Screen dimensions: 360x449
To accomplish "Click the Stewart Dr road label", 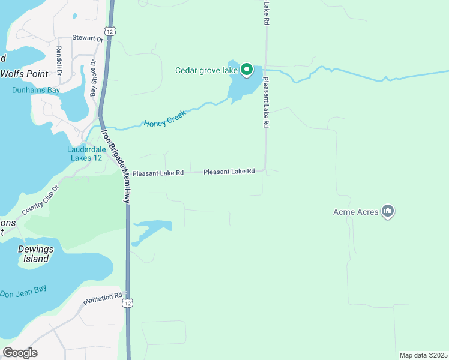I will click(x=88, y=38).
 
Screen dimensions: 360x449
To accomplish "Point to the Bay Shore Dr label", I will click(x=93, y=78).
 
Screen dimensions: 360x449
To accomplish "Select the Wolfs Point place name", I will click(x=23, y=74).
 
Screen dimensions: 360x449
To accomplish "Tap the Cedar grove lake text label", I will click(x=206, y=70).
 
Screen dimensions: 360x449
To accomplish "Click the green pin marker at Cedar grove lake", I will click(x=246, y=70).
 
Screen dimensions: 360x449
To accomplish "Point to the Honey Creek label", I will click(x=166, y=119).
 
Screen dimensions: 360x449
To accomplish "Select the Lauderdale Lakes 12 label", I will click(x=85, y=154).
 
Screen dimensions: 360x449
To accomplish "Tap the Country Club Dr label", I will click(x=41, y=200).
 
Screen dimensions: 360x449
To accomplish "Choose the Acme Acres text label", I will click(x=355, y=212).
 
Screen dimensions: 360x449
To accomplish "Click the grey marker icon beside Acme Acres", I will click(x=388, y=211).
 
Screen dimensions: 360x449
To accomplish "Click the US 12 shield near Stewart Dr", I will click(x=108, y=31).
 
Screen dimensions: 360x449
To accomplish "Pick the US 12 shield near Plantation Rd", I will click(x=127, y=304).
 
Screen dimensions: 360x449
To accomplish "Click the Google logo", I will click(x=20, y=353).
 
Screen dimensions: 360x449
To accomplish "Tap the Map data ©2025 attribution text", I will click(x=423, y=355).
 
